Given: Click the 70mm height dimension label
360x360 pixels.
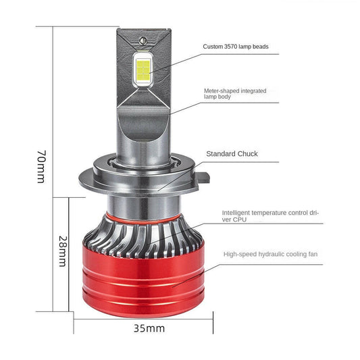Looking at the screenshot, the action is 42,167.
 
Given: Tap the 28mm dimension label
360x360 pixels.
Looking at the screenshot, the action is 63,251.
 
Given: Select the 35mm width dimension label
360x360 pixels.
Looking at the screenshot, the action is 149,328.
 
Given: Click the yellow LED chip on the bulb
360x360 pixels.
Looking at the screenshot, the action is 143,70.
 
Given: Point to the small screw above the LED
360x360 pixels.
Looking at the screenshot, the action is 143,41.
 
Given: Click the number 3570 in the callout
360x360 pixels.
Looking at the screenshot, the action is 230,47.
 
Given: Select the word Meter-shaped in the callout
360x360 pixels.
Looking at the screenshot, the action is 219,91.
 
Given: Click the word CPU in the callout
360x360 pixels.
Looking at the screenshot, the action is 240,220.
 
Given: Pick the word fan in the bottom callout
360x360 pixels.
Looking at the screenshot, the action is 313,254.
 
